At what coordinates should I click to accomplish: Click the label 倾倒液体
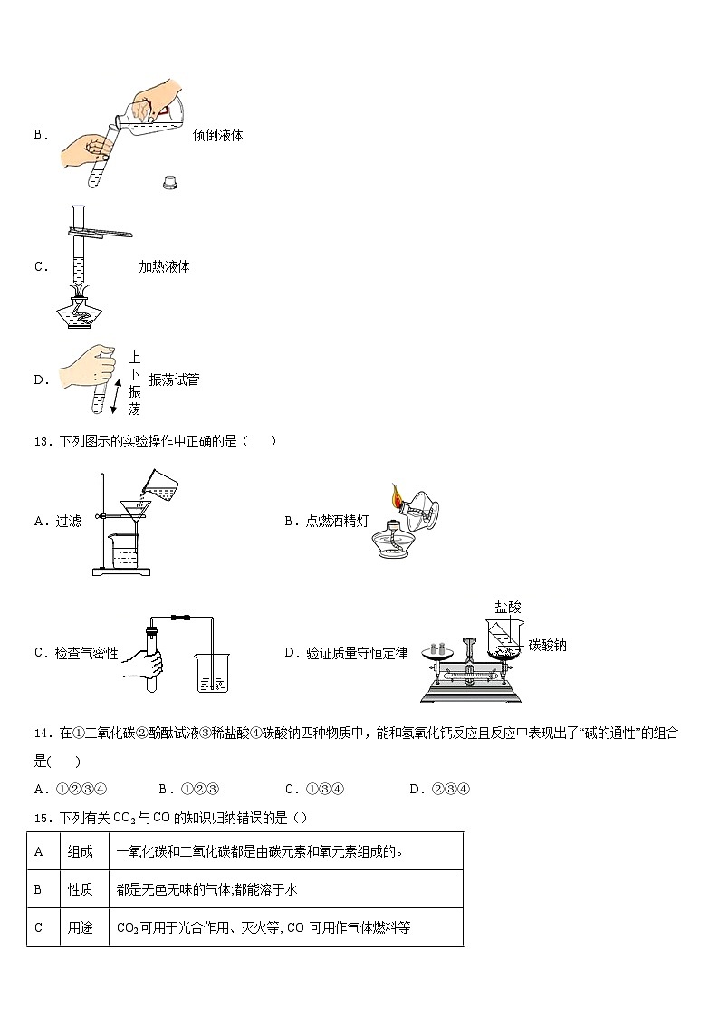pyautogui.click(x=217, y=135)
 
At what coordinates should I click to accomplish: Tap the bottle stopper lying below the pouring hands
pyautogui.click(x=169, y=182)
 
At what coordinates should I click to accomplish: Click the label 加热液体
pyautogui.click(x=164, y=266)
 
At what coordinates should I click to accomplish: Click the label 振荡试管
pyautogui.click(x=174, y=379)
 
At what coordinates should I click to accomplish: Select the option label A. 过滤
pyautogui.click(x=57, y=521)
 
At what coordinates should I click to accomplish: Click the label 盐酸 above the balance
pyautogui.click(x=508, y=607)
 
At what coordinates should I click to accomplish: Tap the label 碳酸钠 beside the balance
pyautogui.click(x=547, y=646)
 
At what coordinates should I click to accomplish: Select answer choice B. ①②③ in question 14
pyautogui.click(x=189, y=788)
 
